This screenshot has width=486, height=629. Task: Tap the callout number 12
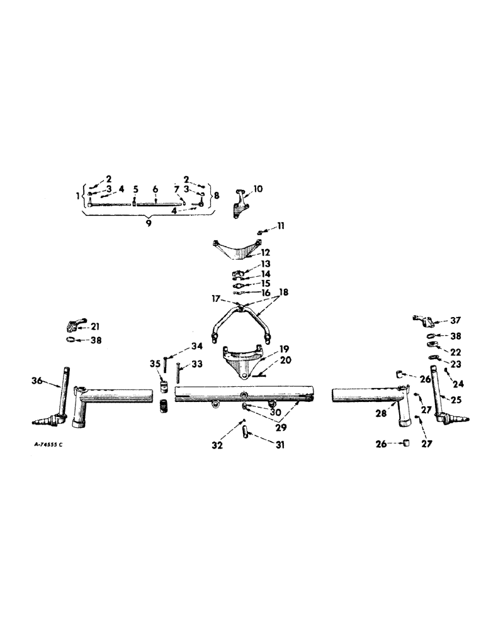[x=266, y=252]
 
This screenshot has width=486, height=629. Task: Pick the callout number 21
[x=95, y=326]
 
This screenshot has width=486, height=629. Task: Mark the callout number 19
[x=285, y=348]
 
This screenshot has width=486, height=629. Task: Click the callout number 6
[x=154, y=189]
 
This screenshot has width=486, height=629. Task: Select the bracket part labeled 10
[x=240, y=205]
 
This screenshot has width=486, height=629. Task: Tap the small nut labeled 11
[x=260, y=235]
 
